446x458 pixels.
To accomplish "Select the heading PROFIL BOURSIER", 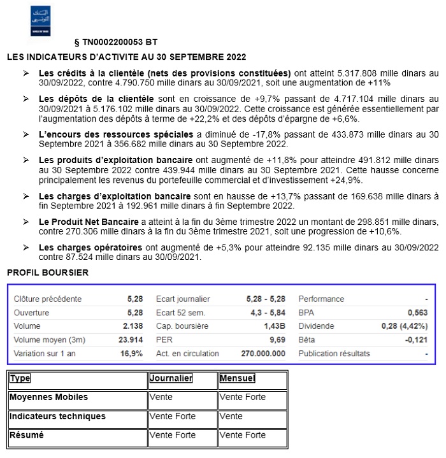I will coord(48,273).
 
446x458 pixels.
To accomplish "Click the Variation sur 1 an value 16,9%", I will coord(133,354).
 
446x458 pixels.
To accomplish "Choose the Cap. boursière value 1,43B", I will coord(273,326).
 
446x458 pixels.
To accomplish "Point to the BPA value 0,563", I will coord(417,313).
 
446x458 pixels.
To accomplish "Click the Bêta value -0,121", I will coord(416,340).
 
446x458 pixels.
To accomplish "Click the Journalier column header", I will coord(171,378).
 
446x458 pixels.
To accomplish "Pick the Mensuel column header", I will coord(237,378).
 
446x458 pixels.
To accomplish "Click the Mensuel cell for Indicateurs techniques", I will coord(231,417).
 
